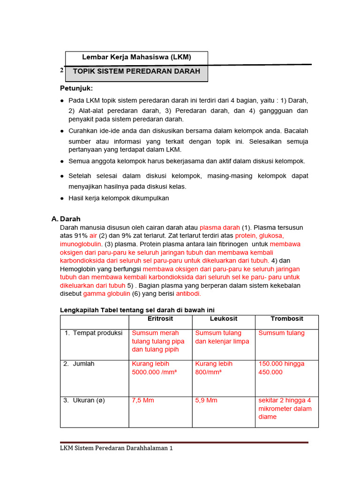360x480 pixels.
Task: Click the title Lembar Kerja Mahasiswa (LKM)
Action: pyautogui.click(x=136, y=58)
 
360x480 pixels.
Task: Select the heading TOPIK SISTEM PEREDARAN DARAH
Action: pyautogui.click(x=136, y=71)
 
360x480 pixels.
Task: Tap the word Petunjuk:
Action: pyautogui.click(x=76, y=88)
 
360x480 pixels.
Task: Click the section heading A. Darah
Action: pyautogui.click(x=66, y=219)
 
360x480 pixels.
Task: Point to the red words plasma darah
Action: pyautogui.click(x=220, y=227)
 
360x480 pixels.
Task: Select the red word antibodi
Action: pyautogui.click(x=188, y=293)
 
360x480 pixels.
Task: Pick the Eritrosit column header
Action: pyautogui.click(x=160, y=319)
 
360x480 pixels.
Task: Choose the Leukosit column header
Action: pyautogui.click(x=224, y=319)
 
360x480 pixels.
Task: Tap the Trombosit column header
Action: pyautogui.click(x=287, y=319)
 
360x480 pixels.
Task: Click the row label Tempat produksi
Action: pyautogui.click(x=93, y=333)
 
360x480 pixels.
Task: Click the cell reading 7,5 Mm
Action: pyautogui.click(x=143, y=400)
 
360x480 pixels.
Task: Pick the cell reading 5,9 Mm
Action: pyautogui.click(x=206, y=400)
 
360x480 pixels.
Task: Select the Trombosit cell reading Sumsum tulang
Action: pyautogui.click(x=281, y=333)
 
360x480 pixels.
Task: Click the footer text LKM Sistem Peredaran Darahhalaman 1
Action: pyautogui.click(x=116, y=448)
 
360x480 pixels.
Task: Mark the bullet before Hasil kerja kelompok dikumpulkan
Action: pyautogui.click(x=62, y=198)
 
